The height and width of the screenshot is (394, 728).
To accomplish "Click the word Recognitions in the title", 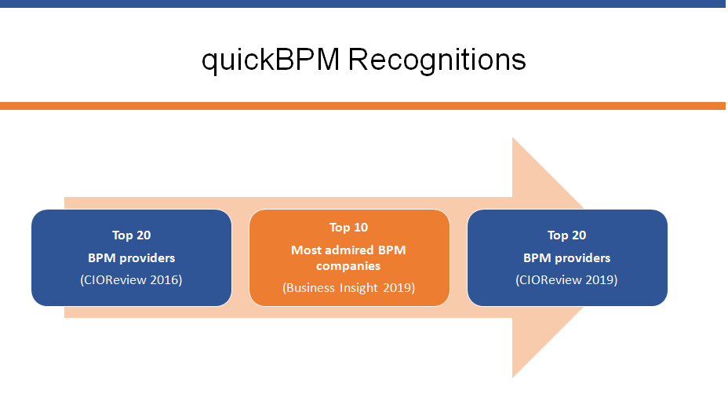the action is pos(437,60).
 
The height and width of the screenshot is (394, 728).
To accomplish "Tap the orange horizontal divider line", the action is pos(362,106).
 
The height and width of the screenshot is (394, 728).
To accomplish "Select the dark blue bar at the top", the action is pos(362,4).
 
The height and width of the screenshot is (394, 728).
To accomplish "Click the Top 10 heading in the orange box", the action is pos(348,227).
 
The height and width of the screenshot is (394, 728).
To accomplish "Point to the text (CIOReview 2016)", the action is pos(131,279).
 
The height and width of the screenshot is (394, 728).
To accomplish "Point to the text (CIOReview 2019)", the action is pos(566,279).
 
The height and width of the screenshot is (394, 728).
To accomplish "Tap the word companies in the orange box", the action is pos(348,266).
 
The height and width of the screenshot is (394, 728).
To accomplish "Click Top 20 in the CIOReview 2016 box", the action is pos(131,235).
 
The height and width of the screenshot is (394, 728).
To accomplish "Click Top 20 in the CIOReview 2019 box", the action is pos(567,235).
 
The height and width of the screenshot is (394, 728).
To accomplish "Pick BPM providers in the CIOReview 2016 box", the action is pos(131,258).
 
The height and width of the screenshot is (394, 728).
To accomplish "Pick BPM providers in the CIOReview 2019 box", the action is pos(567,258).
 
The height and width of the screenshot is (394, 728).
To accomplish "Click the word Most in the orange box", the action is pos(307,250).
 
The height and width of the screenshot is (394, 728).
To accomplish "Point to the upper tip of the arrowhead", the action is pos(512,137).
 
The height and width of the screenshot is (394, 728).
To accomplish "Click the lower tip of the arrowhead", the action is pos(512,378).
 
